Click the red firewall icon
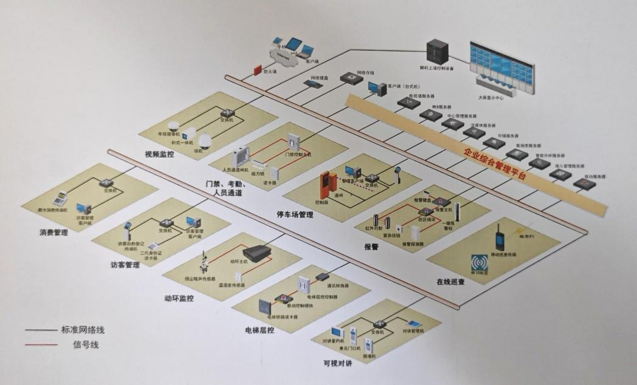point(257,70)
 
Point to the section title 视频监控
point(159,154)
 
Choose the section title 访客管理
point(125,265)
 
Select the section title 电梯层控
point(258,330)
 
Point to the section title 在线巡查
point(451,282)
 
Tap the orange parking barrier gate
point(329,185)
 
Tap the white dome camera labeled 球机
point(205,140)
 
